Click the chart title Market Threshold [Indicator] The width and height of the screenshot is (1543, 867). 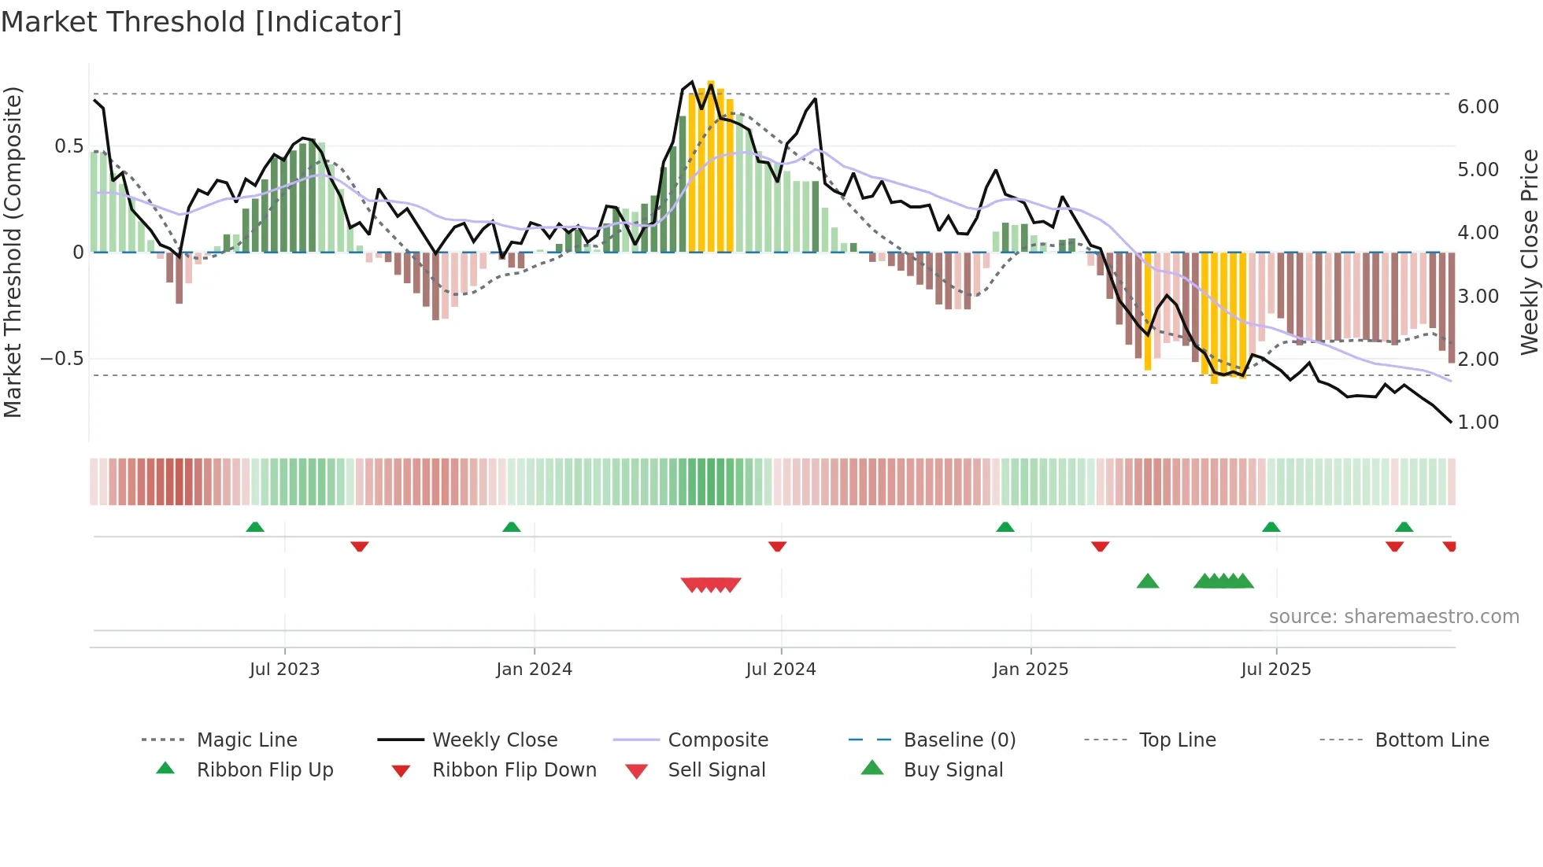202,22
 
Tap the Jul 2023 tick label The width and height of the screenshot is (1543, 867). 284,670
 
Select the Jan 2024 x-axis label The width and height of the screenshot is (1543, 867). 534,670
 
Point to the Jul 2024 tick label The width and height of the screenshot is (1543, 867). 780,670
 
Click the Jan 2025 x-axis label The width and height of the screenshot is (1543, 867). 1030,670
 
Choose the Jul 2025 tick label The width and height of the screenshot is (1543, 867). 1275,670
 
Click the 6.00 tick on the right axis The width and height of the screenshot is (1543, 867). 1478,107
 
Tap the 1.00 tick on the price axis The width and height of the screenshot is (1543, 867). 1478,422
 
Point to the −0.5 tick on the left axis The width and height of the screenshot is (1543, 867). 61,359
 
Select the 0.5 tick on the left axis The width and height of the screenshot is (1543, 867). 68,146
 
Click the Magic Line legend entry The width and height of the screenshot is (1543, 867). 246,740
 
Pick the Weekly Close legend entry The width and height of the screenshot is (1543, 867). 494,740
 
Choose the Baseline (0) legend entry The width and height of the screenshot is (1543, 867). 959,740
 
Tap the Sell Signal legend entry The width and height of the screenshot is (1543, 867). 716,770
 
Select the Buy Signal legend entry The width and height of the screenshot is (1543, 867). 953,770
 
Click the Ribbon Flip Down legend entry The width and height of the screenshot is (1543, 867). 513,770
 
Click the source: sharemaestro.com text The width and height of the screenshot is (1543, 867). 1393,617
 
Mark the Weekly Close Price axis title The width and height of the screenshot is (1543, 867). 1529,252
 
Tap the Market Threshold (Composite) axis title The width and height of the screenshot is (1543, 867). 13,252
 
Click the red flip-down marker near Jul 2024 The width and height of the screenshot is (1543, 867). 777,546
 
